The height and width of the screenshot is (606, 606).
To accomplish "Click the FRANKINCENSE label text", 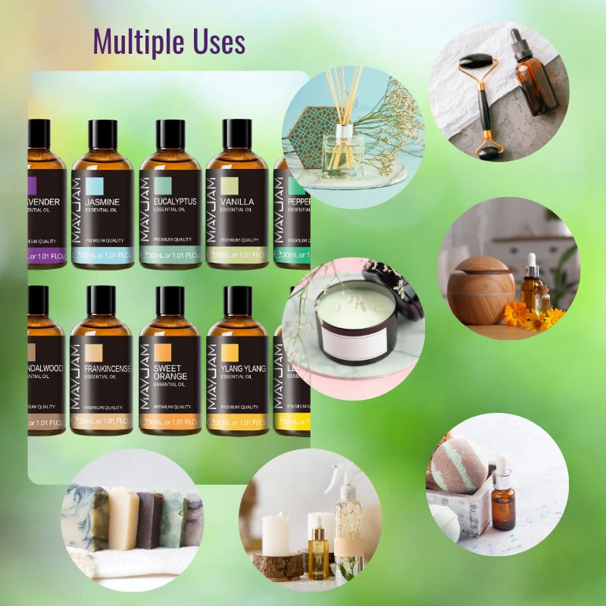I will point(107,369).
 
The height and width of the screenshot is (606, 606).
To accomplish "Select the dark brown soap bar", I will point(149,519).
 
